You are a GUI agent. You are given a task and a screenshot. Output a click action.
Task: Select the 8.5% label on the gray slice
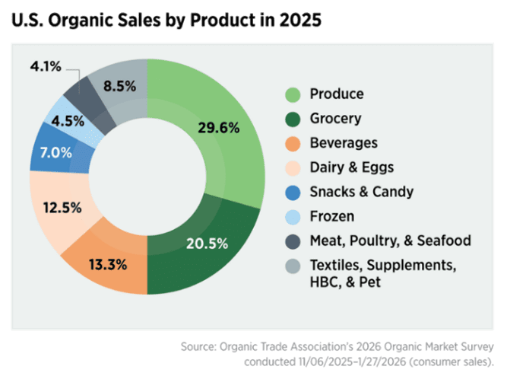point(119,86)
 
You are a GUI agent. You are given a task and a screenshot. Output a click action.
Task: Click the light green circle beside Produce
point(292,95)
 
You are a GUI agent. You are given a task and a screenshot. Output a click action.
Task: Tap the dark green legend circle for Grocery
point(292,119)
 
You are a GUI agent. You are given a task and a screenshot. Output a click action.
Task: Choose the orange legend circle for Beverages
point(292,144)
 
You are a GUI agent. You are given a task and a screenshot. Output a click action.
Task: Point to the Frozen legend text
point(331,216)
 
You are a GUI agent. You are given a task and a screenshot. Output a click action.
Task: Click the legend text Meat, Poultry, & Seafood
point(390,240)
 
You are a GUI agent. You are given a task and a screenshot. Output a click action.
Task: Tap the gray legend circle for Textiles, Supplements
point(292,265)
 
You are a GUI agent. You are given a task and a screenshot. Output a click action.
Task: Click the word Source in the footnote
point(198,347)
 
